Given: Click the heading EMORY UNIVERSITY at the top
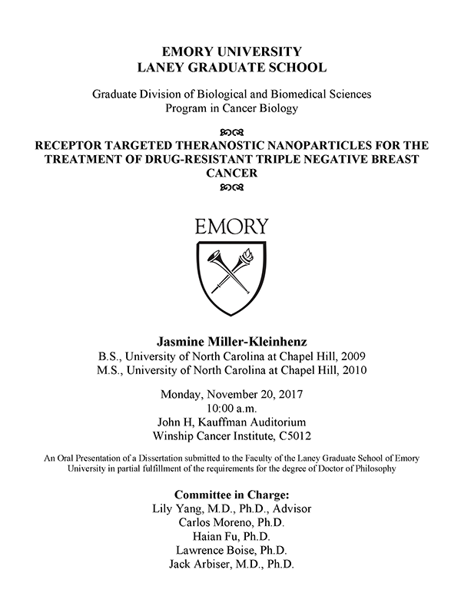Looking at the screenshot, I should click(230, 51).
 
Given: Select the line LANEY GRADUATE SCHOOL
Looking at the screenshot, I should click(230, 67).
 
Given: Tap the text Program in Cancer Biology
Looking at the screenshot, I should click(230, 108).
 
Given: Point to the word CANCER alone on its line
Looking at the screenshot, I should click(230, 174).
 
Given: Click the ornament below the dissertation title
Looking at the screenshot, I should click(230, 188).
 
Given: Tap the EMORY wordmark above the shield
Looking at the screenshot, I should click(231, 227).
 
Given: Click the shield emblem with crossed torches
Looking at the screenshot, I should click(231, 280).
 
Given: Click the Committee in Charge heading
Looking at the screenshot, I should click(230, 494).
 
